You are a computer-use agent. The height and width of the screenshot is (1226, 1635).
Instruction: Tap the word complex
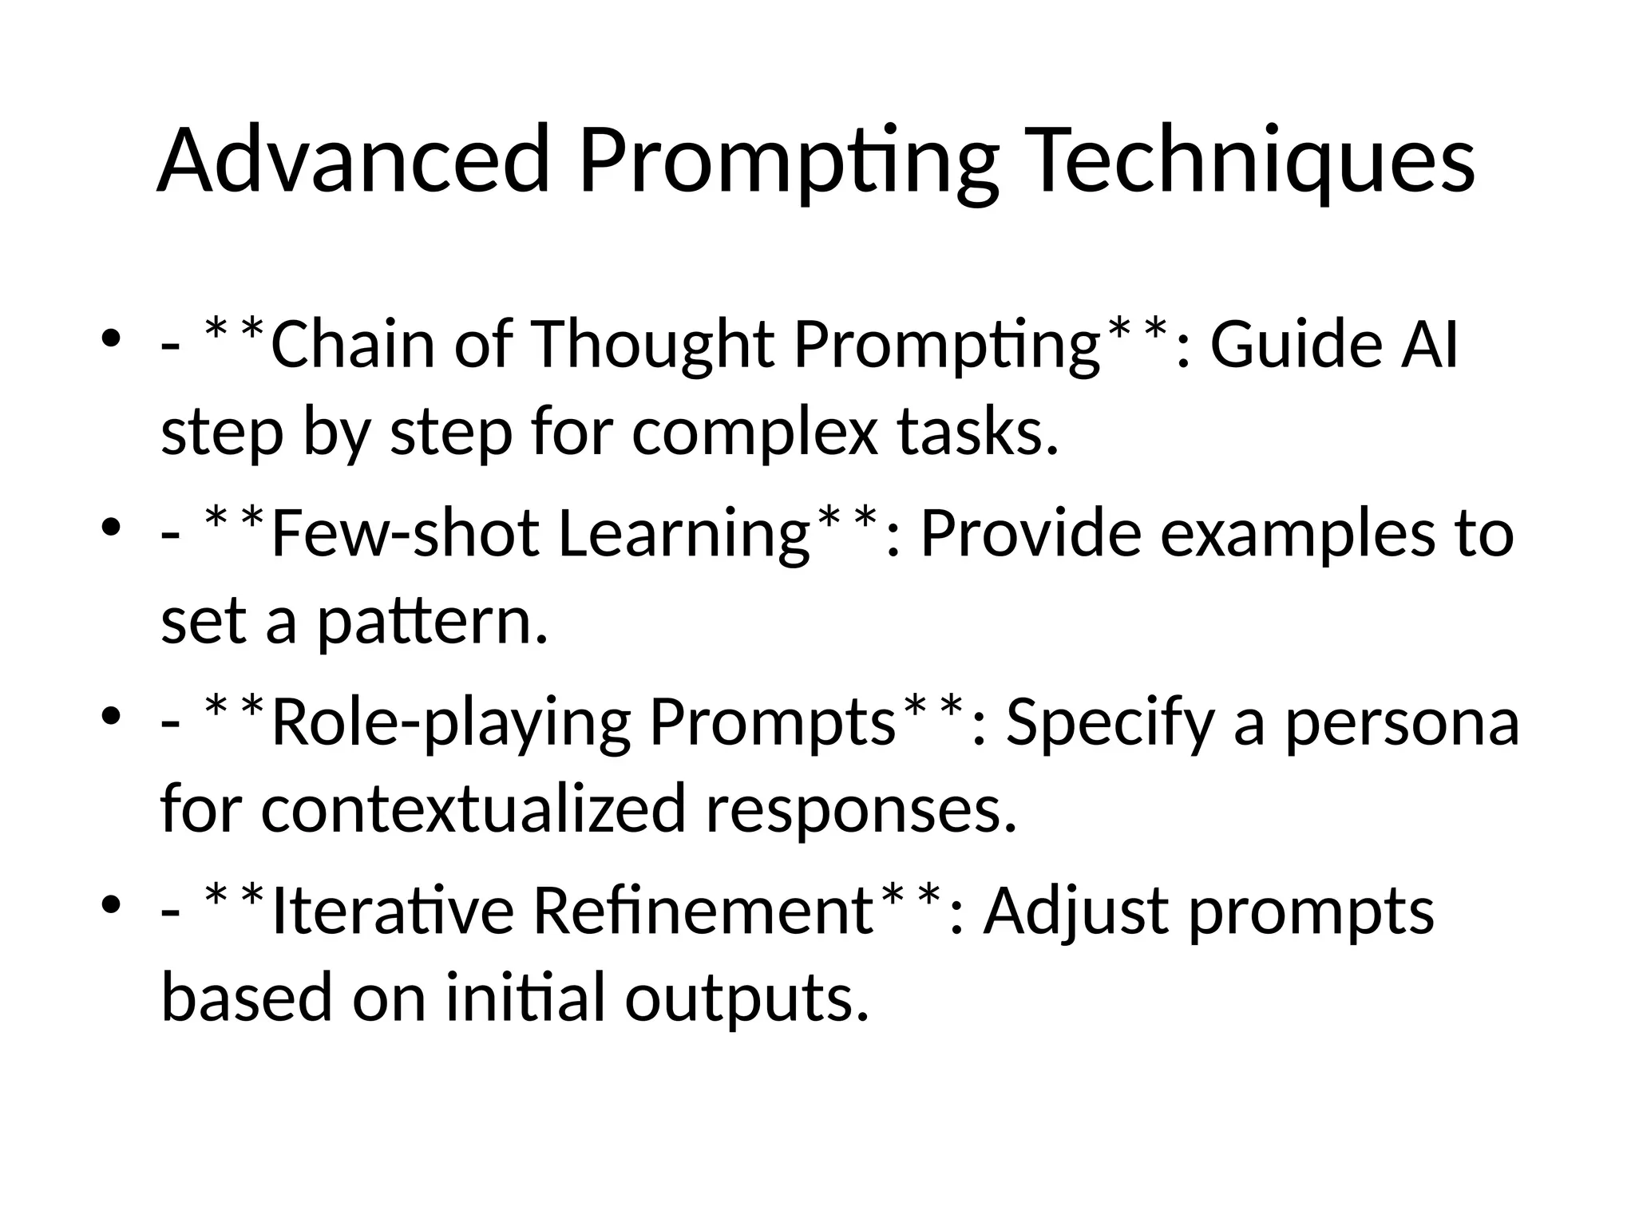tap(754, 433)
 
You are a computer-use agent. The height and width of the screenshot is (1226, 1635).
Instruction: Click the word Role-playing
tap(451, 722)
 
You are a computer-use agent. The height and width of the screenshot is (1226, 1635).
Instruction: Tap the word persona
tap(1401, 722)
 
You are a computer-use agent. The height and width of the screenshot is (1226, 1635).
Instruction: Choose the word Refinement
tap(703, 911)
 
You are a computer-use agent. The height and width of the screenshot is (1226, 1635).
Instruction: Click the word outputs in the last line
tap(746, 998)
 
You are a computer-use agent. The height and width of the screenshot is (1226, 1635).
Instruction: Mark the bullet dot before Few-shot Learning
tap(111, 527)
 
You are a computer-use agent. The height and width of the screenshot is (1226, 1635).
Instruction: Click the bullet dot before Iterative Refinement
tap(111, 904)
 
